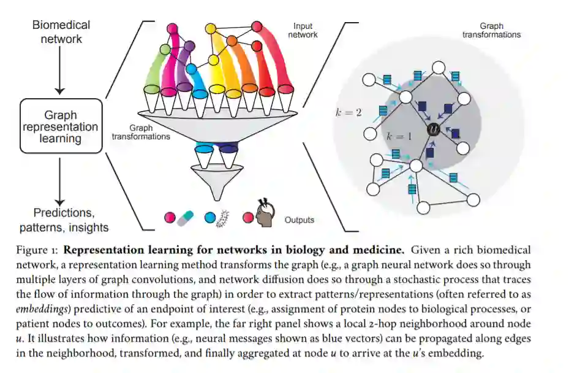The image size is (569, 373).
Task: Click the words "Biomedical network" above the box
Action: pos(61,32)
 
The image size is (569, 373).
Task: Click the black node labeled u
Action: pos(434,129)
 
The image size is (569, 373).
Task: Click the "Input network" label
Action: pos(303,31)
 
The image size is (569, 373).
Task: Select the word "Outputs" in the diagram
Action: pos(300,219)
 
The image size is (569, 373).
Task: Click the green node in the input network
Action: pos(165,48)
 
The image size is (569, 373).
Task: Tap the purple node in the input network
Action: pos(189,45)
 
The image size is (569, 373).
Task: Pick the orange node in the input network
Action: pos(232,41)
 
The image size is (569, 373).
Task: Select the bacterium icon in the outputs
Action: pos(225,217)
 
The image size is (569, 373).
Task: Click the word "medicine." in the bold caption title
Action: pos(381,250)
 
